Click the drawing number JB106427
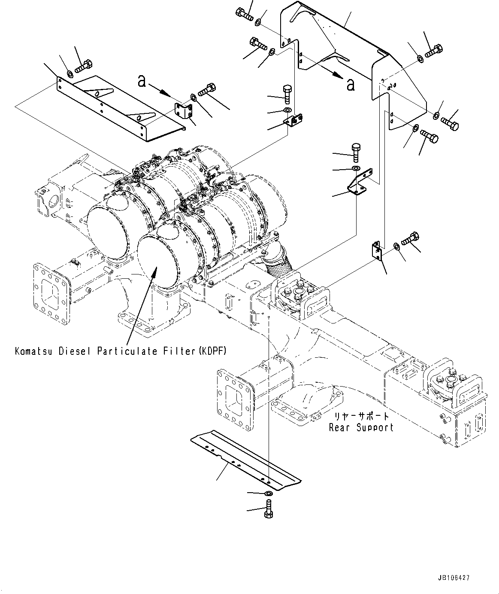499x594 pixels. [x=454, y=578]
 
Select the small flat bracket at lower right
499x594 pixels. [x=376, y=250]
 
